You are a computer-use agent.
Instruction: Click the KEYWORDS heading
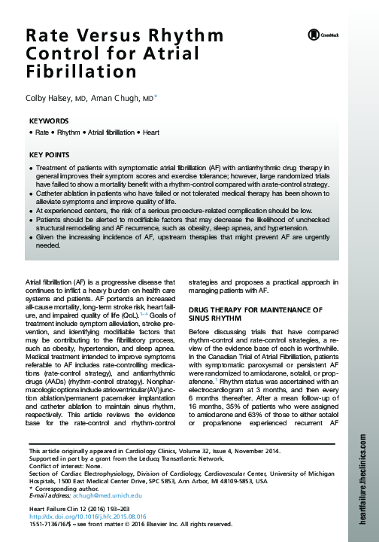[x=48, y=120]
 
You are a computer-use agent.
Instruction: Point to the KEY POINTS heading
[x=50, y=154]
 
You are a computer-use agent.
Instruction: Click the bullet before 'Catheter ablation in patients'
[x=31, y=192]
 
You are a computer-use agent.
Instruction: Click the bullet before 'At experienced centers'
[x=31, y=212]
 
